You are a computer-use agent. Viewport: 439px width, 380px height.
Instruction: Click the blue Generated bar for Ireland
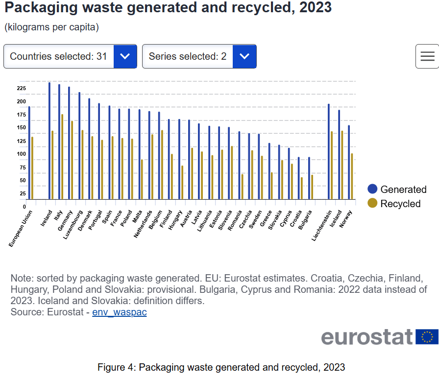point(49,142)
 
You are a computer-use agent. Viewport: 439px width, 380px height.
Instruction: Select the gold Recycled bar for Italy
point(62,157)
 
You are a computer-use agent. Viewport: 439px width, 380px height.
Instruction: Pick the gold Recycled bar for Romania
point(242,187)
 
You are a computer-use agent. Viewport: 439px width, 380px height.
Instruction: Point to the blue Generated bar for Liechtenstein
point(329,152)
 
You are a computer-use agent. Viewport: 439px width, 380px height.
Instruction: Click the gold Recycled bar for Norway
point(352,176)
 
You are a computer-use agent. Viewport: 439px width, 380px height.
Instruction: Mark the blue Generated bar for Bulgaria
point(309,178)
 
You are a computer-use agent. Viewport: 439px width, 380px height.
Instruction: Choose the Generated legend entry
point(397,190)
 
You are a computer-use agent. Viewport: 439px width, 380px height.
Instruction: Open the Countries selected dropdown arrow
point(125,56)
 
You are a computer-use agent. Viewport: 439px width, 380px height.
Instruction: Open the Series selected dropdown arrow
point(244,56)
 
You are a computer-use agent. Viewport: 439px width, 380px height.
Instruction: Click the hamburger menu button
point(427,56)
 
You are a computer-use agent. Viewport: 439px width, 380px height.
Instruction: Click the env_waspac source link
point(120,312)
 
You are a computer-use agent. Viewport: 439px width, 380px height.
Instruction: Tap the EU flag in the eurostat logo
point(427,337)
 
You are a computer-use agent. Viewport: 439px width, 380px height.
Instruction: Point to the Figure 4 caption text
point(221,367)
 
